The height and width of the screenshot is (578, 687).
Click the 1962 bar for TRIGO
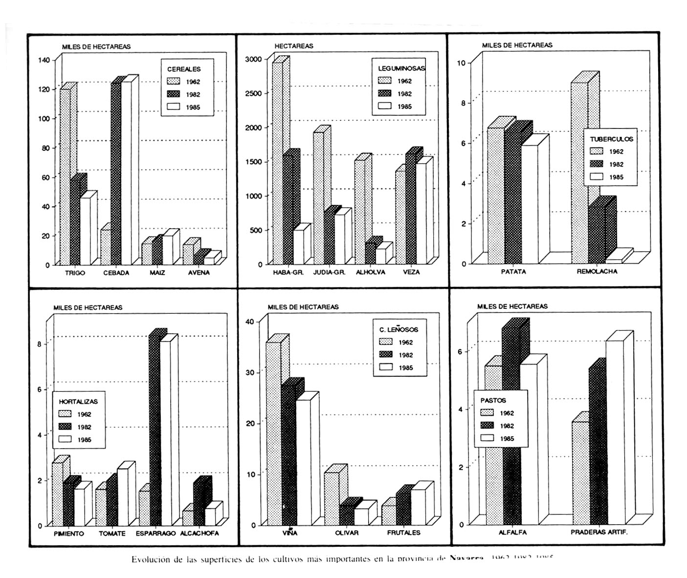coord(65,176)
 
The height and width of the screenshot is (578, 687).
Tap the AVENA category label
coord(199,273)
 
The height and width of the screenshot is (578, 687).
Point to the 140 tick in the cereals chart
coord(44,60)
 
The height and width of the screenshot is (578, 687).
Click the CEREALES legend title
coord(184,69)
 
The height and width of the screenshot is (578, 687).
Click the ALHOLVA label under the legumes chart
coord(370,272)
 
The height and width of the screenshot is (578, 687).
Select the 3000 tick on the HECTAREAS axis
coord(256,59)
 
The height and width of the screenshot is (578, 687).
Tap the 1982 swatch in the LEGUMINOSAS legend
coord(385,93)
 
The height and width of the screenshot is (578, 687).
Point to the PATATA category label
coord(513,272)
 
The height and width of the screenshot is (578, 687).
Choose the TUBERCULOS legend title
coord(611,139)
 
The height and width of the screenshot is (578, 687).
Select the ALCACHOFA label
coord(199,533)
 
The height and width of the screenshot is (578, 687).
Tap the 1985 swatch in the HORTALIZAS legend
coord(65,439)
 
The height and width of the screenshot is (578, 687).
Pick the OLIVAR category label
coord(347,533)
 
